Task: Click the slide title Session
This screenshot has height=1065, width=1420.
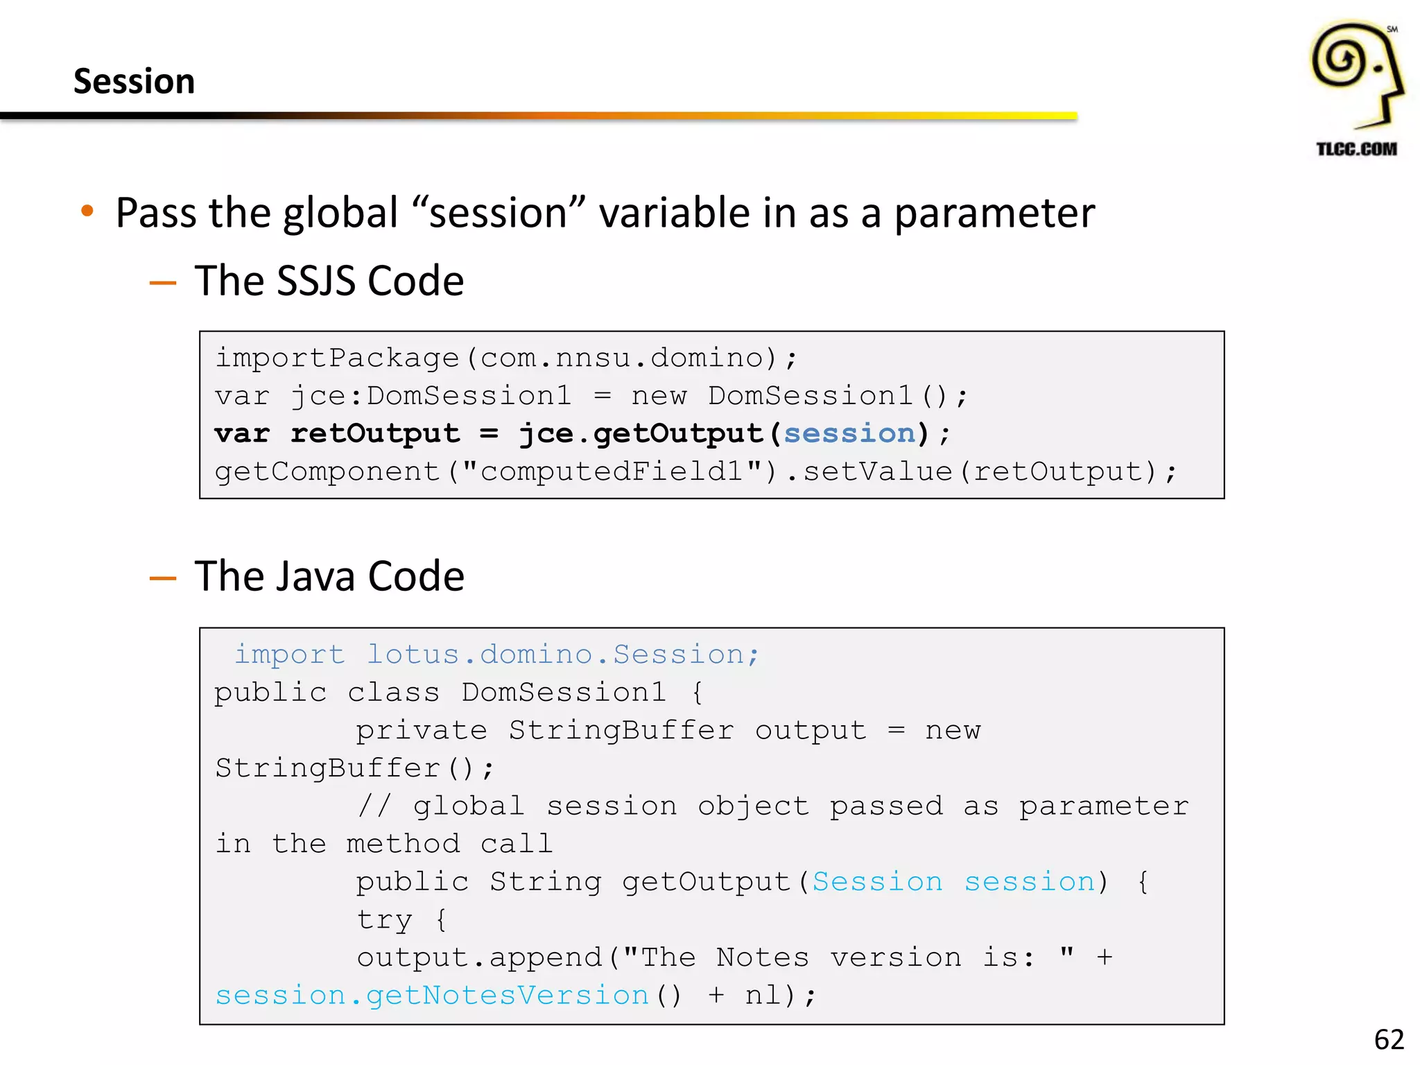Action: pyautogui.click(x=134, y=81)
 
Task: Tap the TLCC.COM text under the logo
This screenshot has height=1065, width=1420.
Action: pyautogui.click(x=1356, y=149)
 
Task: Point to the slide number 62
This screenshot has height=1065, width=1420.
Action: pyautogui.click(x=1389, y=1039)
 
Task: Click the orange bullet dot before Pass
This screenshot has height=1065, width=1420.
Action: pyautogui.click(x=87, y=211)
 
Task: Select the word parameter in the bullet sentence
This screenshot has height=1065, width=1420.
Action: pyautogui.click(x=994, y=213)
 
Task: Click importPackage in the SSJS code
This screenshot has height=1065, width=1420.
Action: pyautogui.click(x=337, y=358)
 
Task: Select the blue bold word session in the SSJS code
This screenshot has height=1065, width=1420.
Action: pyautogui.click(x=849, y=433)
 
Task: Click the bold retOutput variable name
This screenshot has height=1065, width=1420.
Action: pyautogui.click(x=375, y=433)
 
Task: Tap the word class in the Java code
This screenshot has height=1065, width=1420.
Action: pyautogui.click(x=393, y=693)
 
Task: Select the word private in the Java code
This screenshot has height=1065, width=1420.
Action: pyautogui.click(x=422, y=731)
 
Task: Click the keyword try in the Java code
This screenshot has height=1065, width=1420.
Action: pyautogui.click(x=384, y=920)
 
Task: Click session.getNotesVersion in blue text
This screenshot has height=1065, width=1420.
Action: pyautogui.click(x=432, y=996)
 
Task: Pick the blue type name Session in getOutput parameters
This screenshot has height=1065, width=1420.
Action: pyautogui.click(x=877, y=882)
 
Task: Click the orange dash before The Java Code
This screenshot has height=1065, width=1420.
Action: pyautogui.click(x=163, y=578)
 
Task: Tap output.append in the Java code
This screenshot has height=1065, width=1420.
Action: pyautogui.click(x=479, y=958)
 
